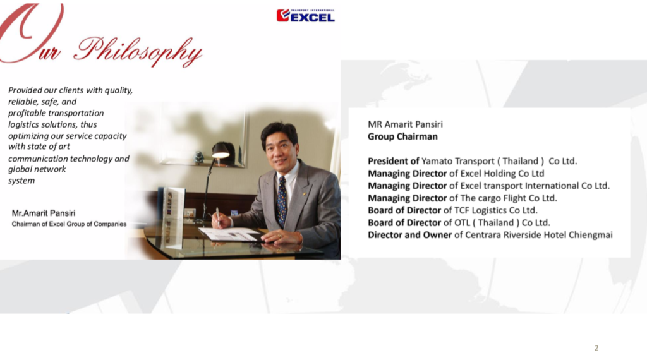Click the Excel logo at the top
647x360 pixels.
[305, 15]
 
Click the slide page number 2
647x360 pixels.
[596, 348]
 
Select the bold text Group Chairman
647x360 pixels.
[402, 136]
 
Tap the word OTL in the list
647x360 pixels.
[462, 223]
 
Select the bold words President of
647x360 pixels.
[393, 161]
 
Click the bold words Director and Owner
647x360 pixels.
[409, 235]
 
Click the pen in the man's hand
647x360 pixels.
[217, 215]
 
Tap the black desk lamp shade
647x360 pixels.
[221, 150]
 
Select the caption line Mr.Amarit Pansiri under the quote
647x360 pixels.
[44, 213]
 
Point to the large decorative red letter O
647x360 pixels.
[31, 32]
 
